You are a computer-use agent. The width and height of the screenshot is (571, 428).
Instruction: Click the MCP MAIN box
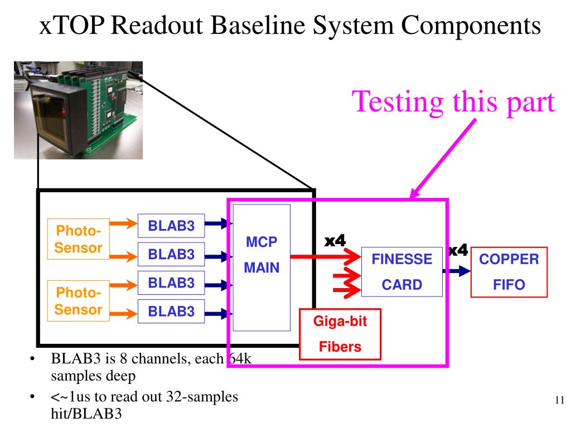pyautogui.click(x=262, y=267)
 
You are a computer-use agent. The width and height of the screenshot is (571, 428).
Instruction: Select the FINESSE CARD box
pyautogui.click(x=401, y=272)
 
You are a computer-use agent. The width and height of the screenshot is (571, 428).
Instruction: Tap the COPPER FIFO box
pyautogui.click(x=509, y=272)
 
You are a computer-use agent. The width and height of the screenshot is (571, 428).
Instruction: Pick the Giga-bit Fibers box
pyautogui.click(x=340, y=334)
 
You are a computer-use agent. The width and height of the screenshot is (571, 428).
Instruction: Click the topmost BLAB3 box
pyautogui.click(x=171, y=226)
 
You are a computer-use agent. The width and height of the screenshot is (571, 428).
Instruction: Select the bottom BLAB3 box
pyautogui.click(x=171, y=311)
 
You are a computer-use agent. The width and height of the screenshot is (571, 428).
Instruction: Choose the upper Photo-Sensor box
pyautogui.click(x=78, y=239)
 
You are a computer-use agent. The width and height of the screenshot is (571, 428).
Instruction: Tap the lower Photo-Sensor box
pyautogui.click(x=78, y=301)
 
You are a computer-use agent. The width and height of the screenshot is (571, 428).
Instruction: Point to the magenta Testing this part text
pyautogui.click(x=453, y=103)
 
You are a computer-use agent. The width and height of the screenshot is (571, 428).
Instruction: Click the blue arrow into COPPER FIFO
pyautogui.click(x=457, y=271)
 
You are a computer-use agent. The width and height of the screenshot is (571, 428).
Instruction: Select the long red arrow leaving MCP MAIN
pyautogui.click(x=326, y=257)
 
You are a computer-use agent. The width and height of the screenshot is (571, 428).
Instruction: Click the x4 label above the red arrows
pyautogui.click(x=335, y=241)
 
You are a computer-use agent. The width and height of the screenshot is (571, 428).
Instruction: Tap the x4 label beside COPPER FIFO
pyautogui.click(x=458, y=250)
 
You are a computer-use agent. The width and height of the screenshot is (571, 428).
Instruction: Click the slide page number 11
pyautogui.click(x=559, y=400)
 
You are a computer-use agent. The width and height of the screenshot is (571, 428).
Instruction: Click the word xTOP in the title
pyautogui.click(x=71, y=26)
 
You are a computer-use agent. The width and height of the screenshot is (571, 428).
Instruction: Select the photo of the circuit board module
pyautogui.click(x=78, y=110)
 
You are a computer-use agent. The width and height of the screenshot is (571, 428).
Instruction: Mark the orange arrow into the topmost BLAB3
pyautogui.click(x=123, y=223)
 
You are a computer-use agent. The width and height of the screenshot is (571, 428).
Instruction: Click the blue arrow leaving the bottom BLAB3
pyautogui.click(x=219, y=313)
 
